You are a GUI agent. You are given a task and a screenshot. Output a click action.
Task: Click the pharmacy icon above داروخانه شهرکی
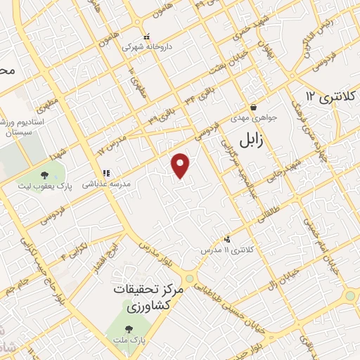point(146,37)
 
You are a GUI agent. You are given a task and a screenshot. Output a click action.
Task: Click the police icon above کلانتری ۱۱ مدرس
point(226,240)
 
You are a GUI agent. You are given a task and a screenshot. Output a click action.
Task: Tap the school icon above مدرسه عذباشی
point(106,172)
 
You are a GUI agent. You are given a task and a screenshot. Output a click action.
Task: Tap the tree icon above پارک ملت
point(128,328)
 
